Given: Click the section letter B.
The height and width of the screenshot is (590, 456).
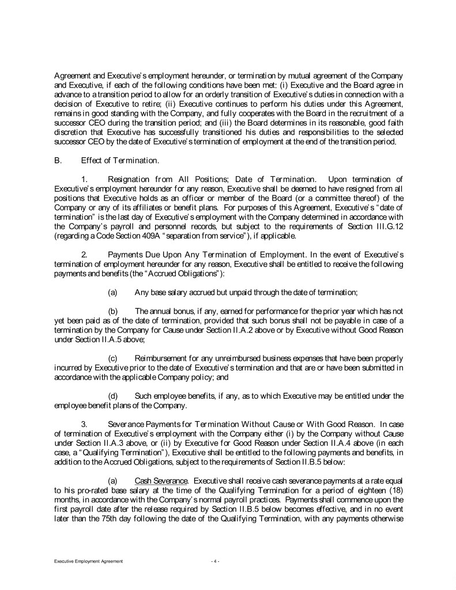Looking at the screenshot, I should (57, 161).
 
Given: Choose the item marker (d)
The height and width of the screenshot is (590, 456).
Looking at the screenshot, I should (114, 396).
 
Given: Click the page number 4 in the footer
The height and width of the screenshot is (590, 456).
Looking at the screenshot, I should (214, 561).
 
